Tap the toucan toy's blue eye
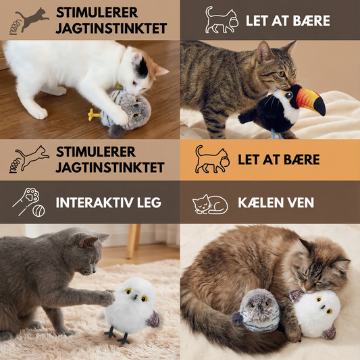coord(288,95)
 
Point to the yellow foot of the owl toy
coord(94,114)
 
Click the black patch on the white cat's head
coord(142,67)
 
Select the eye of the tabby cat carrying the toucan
coord(280,74)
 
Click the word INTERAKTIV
coord(95,203)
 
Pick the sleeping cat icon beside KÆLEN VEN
coord(210,204)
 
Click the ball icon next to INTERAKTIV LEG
coord(38,211)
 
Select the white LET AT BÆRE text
coord(288,21)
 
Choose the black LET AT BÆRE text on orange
coord(279,159)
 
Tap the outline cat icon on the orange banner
coord(211,159)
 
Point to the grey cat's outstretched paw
coord(106,299)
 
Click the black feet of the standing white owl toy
coord(117,336)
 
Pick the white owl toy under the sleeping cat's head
coord(315,314)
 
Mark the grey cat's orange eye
coord(91,261)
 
